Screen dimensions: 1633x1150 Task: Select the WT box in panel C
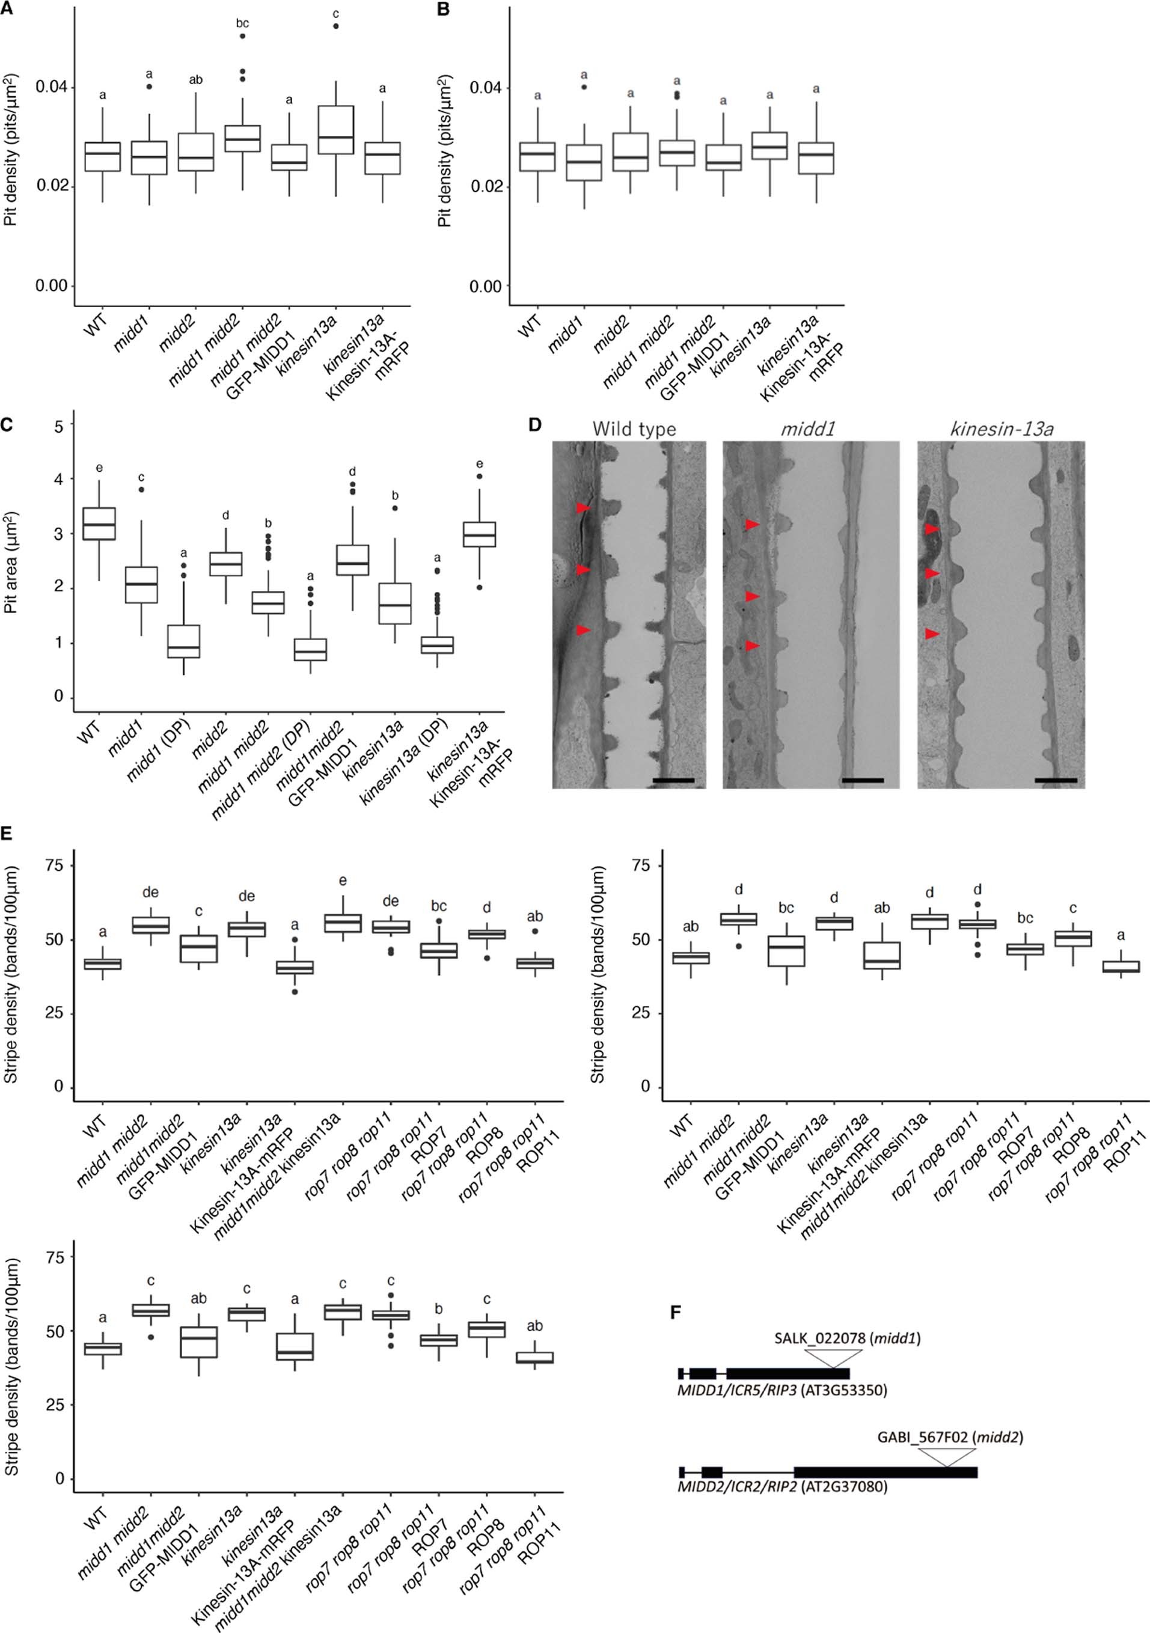pos(100,524)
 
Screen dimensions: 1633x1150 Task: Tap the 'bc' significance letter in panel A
pos(242,23)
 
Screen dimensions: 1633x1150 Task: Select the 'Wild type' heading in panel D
pos(634,429)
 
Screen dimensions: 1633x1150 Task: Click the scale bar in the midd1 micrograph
pos(862,780)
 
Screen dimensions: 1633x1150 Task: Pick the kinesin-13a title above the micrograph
pos(1002,429)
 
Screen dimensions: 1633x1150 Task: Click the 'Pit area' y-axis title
pos(11,562)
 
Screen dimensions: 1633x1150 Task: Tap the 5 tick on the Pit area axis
pos(59,426)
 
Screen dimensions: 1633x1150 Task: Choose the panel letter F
pos(675,1311)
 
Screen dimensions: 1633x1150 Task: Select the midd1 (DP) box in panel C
pos(183,641)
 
